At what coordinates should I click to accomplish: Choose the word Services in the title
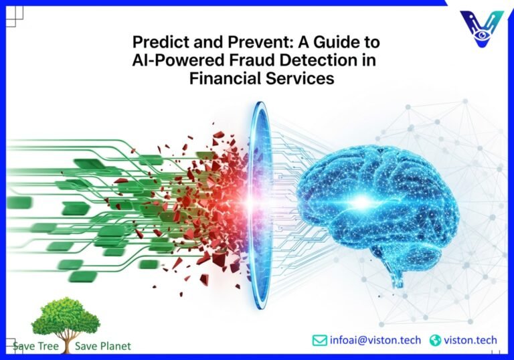(301, 78)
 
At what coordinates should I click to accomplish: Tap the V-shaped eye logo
(482, 28)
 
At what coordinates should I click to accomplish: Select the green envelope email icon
(320, 340)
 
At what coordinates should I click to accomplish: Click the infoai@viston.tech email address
(375, 340)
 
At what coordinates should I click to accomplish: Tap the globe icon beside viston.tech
(436, 340)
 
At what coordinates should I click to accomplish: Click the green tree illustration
(66, 319)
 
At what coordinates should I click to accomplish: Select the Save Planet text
(103, 346)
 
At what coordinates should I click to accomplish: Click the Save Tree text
(35, 346)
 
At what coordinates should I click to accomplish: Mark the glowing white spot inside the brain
(364, 200)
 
